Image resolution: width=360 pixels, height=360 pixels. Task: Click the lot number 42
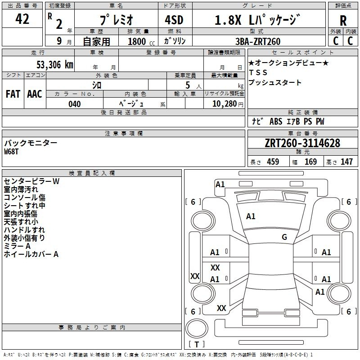click(22, 19)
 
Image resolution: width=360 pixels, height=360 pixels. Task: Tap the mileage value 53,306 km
click(55, 64)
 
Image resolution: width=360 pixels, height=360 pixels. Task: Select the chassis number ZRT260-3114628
click(302, 143)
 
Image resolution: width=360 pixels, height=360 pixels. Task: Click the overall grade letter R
click(343, 21)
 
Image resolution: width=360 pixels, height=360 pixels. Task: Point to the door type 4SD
click(174, 20)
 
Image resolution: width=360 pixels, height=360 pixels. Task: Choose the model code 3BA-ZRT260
click(258, 41)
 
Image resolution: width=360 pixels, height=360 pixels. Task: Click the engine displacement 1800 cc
click(141, 41)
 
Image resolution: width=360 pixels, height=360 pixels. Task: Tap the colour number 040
click(75, 104)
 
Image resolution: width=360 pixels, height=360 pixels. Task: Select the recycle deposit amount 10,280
click(225, 104)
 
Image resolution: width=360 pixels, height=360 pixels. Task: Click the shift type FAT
click(13, 94)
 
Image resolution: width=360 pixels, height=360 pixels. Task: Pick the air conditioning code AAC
click(35, 94)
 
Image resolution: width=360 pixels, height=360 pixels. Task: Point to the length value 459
click(273, 162)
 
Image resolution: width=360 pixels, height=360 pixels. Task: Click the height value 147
click(346, 162)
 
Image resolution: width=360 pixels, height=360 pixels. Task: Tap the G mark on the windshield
click(284, 237)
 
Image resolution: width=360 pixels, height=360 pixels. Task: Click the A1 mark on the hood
click(251, 216)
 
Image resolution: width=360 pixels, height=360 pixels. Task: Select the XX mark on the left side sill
click(195, 276)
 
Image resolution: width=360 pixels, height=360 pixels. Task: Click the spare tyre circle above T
click(197, 328)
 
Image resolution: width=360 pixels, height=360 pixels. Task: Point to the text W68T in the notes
click(11, 152)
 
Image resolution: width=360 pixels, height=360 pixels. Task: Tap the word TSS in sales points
click(258, 72)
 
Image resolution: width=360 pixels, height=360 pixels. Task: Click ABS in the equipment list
click(276, 121)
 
